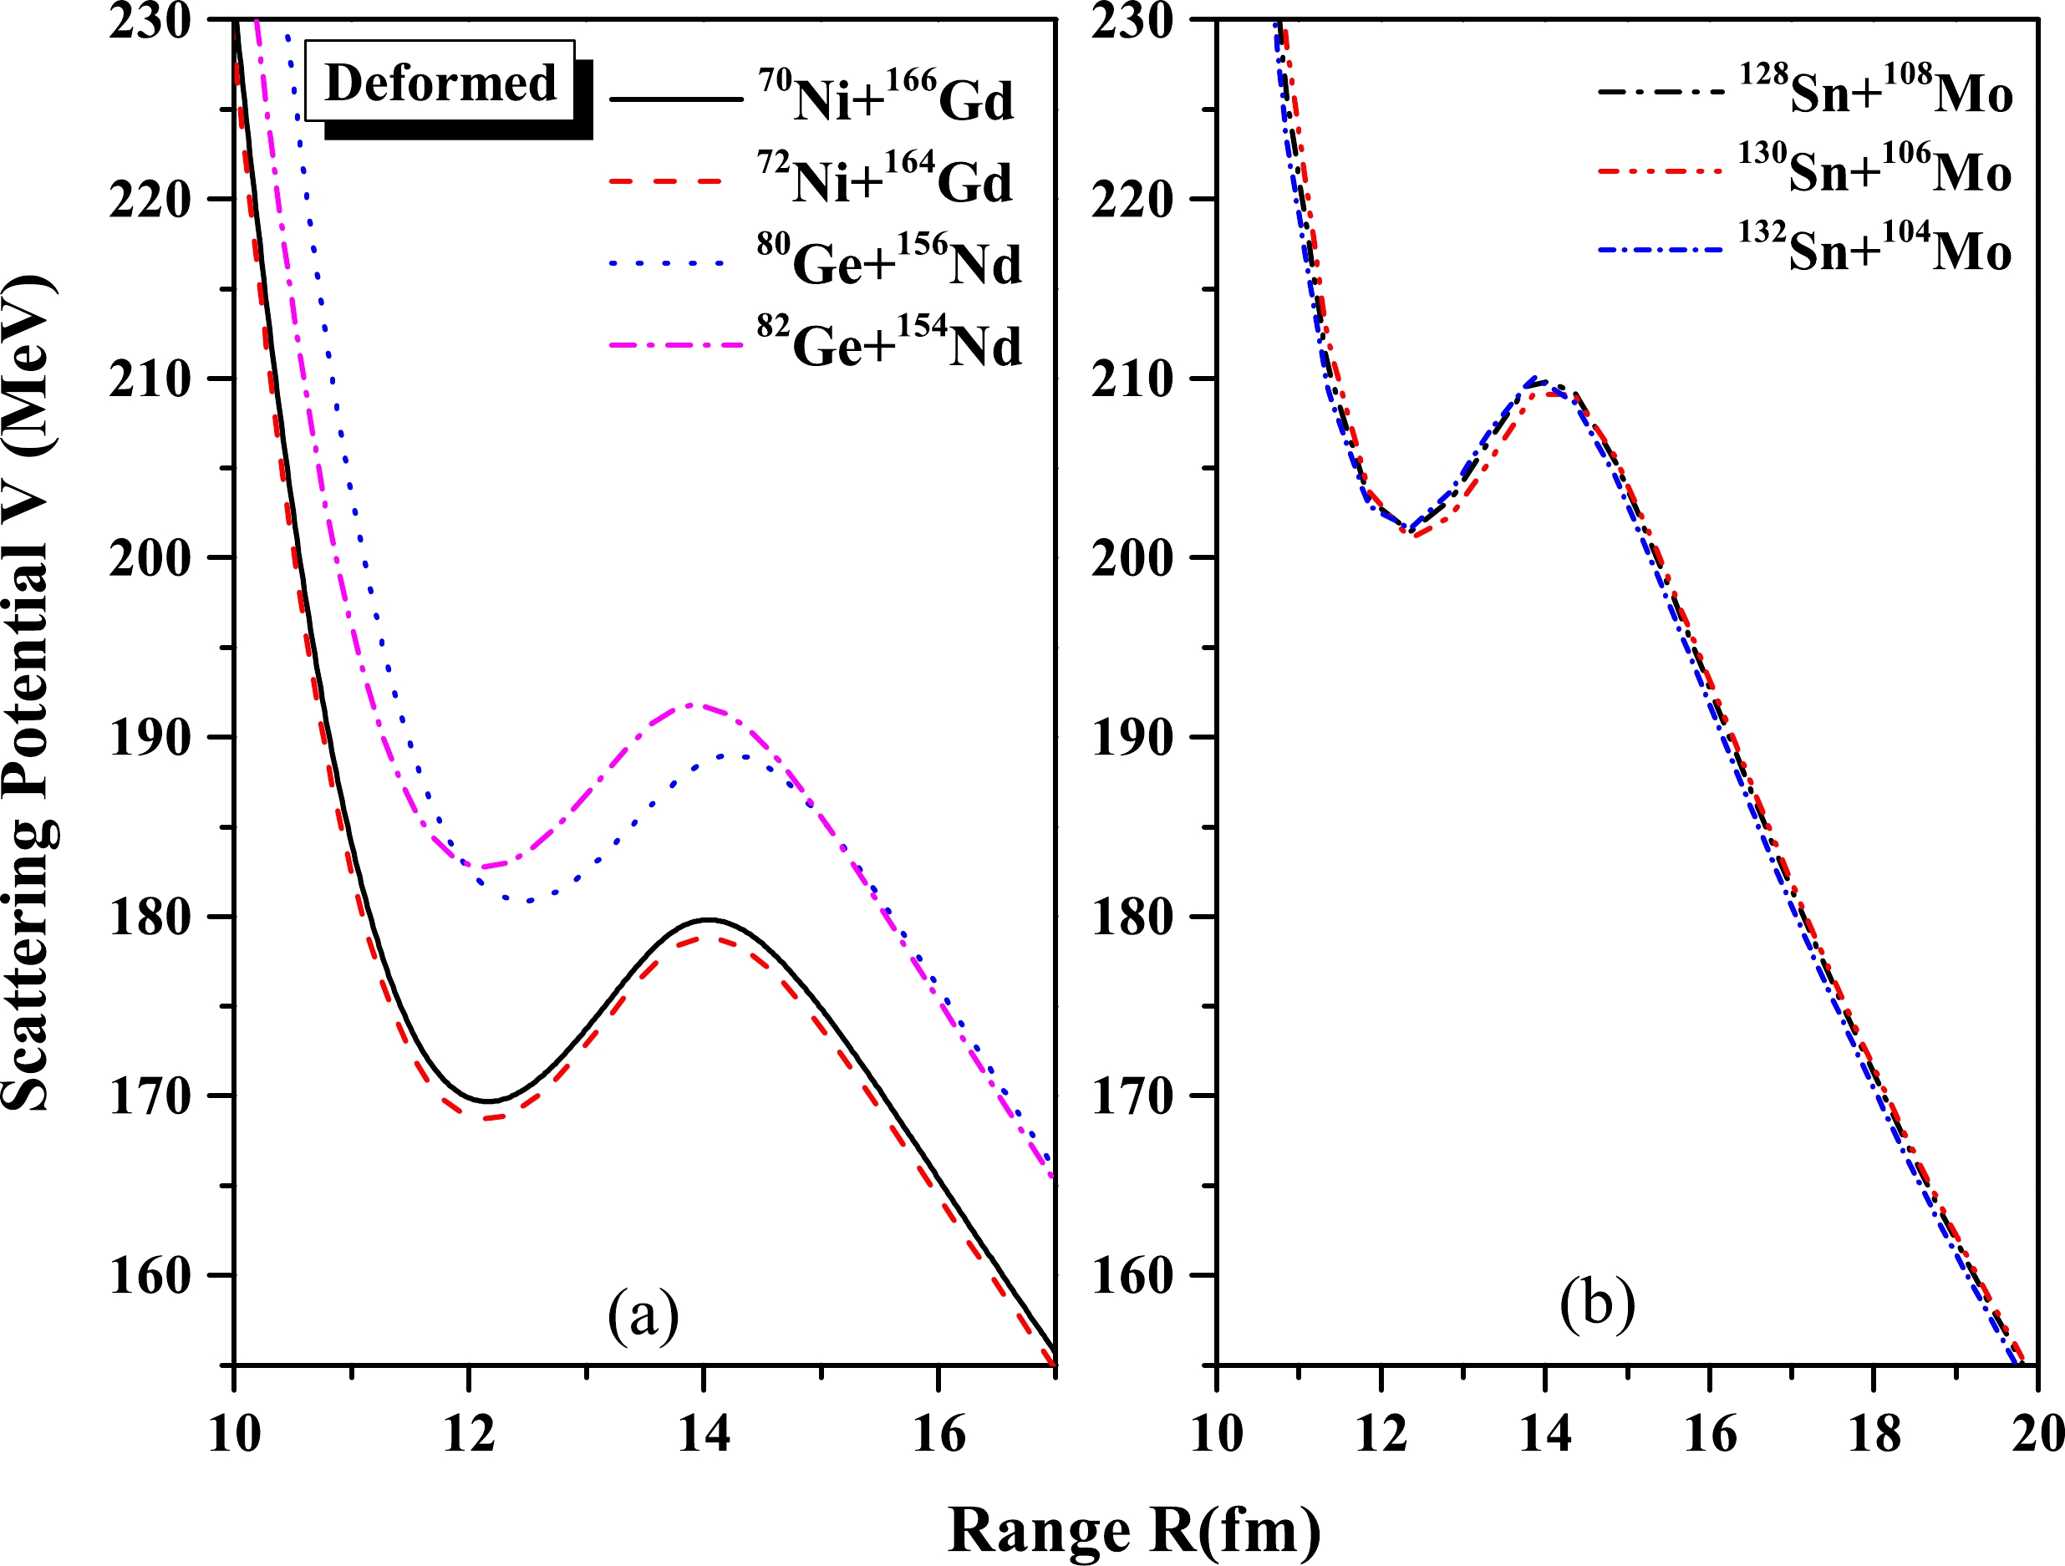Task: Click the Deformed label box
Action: (440, 81)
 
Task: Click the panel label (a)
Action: (643, 1316)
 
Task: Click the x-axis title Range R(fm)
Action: (1134, 1531)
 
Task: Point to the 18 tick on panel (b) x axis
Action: (1874, 1432)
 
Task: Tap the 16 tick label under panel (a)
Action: (938, 1432)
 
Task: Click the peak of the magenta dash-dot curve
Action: (692, 704)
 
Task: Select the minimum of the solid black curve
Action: (487, 1101)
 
